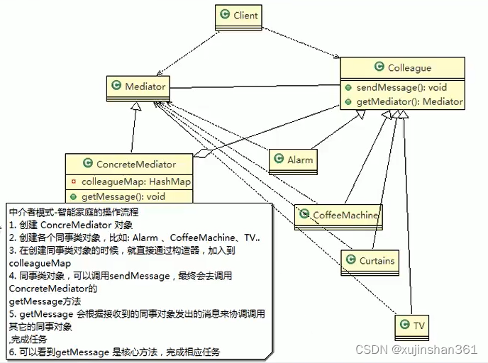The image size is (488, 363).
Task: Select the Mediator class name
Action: [x=145, y=87]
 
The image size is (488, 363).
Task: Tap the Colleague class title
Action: [x=409, y=68]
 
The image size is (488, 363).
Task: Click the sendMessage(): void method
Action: [x=402, y=88]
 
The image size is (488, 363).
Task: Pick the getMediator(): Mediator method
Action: [x=409, y=101]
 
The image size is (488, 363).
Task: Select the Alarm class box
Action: [x=294, y=160]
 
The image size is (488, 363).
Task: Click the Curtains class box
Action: [x=370, y=260]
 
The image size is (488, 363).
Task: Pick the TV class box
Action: [x=413, y=325]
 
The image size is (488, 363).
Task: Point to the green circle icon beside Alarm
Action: [x=279, y=160]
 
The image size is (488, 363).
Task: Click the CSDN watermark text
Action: [x=416, y=349]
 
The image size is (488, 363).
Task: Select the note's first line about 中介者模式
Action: [x=74, y=212]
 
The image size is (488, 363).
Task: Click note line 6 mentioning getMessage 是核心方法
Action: [x=113, y=352]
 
